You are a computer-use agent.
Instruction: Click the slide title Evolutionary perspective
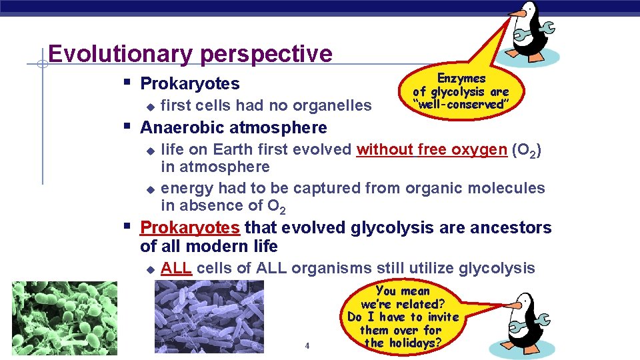[190, 54]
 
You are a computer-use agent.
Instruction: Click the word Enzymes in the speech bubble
[461, 79]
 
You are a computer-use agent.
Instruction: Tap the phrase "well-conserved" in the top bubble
[461, 105]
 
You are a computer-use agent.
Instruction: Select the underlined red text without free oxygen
[431, 149]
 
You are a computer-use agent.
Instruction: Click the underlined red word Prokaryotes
[189, 228]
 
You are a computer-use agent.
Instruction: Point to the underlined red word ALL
[176, 269]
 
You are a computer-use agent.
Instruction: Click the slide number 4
[307, 345]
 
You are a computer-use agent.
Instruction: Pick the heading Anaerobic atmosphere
[233, 127]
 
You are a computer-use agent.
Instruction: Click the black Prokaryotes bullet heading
[190, 84]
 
